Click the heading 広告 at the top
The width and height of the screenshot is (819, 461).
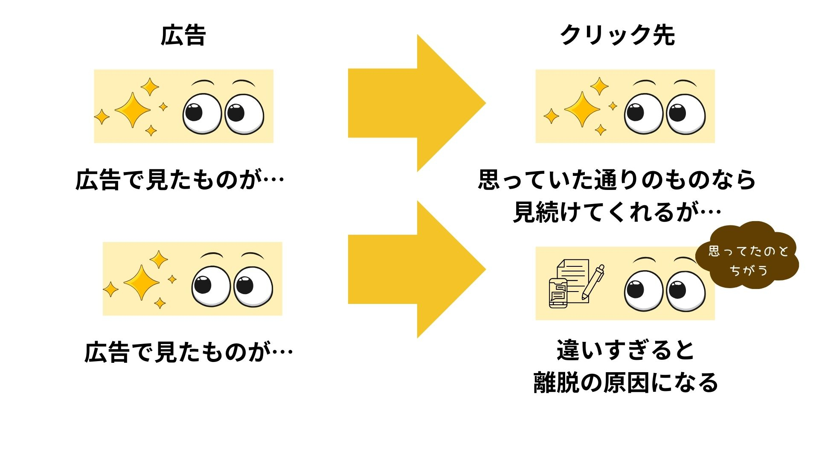pyautogui.click(x=183, y=35)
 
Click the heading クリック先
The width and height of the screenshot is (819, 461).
pyautogui.click(x=617, y=35)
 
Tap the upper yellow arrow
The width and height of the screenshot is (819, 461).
pyautogui.click(x=409, y=103)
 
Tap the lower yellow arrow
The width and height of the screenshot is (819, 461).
pyautogui.click(x=409, y=269)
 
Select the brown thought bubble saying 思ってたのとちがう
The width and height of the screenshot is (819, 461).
pyautogui.click(x=747, y=258)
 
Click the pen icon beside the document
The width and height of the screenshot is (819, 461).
pyautogui.click(x=593, y=281)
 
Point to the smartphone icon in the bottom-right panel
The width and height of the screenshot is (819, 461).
pyautogui.click(x=558, y=293)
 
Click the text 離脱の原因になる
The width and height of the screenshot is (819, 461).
pyautogui.click(x=626, y=382)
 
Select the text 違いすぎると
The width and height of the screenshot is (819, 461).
pyautogui.click(x=626, y=350)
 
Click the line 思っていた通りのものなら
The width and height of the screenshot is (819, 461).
pyautogui.click(x=617, y=179)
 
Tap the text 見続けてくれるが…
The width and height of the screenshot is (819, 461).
pyautogui.click(x=617, y=212)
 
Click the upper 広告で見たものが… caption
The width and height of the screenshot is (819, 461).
pyautogui.click(x=180, y=179)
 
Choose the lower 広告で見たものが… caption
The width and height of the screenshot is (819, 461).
pyautogui.click(x=189, y=353)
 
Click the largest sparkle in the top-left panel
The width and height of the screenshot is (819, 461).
pyautogui.click(x=132, y=110)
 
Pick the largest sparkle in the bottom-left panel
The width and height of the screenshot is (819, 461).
pyautogui.click(x=141, y=282)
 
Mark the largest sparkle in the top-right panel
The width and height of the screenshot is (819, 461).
pyautogui.click(x=582, y=110)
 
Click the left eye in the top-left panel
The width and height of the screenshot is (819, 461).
pyautogui.click(x=202, y=114)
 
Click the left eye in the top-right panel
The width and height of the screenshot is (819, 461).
pyautogui.click(x=644, y=114)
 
